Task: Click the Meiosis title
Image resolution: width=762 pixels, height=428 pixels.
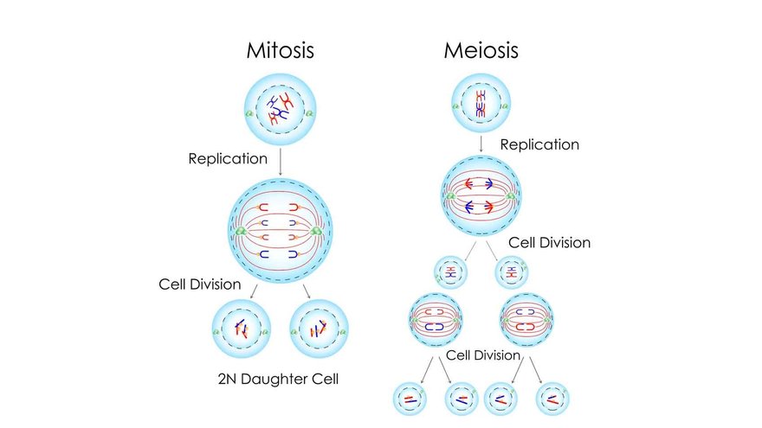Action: point(481,49)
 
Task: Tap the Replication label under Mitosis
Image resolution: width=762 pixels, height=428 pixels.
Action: point(229,159)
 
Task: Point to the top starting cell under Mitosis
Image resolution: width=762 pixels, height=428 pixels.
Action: point(280,108)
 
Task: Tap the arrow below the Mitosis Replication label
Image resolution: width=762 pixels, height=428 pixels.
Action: point(280,163)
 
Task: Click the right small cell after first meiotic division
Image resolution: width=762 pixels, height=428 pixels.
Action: point(512,272)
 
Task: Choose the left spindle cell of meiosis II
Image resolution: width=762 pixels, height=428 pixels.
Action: point(436,321)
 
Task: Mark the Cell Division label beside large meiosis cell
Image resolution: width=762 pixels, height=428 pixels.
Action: point(549,243)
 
